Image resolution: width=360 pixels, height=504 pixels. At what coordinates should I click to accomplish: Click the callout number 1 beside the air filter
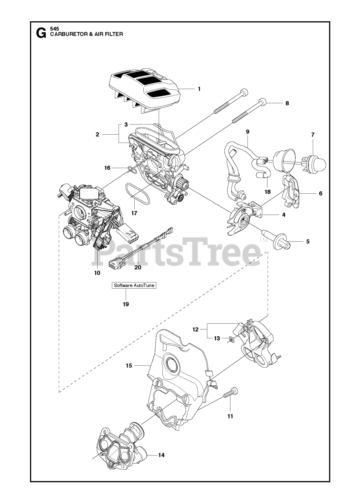point(199,89)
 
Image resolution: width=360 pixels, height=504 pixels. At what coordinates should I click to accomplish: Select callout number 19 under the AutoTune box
point(126,304)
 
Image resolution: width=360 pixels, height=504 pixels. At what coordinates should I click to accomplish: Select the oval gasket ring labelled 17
point(137,194)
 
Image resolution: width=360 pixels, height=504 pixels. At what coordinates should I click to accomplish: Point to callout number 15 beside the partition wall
point(128,366)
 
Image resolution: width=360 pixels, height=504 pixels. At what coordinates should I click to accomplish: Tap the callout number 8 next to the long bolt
point(287,103)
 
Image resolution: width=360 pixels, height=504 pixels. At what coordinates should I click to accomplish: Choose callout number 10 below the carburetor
point(97,272)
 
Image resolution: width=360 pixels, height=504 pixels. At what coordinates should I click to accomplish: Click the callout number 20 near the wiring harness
point(137,267)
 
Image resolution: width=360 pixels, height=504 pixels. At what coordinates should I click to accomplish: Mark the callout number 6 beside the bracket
point(320,193)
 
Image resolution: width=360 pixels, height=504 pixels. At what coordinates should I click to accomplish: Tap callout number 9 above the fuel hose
point(247,131)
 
